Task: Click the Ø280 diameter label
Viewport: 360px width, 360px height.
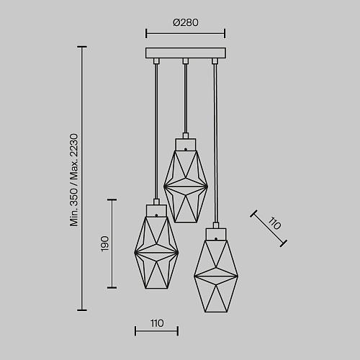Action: pos(186,22)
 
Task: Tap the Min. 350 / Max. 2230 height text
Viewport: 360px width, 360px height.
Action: pos(74,180)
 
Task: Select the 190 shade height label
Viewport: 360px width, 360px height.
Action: pos(105,244)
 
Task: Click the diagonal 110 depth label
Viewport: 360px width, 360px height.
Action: pos(274,223)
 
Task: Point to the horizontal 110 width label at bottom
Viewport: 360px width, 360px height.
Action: pos(157,323)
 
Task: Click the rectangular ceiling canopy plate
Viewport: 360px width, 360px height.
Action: pos(186,53)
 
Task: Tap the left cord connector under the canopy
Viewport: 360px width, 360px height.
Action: pos(156,61)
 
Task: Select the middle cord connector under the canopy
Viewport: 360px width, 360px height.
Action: pos(185,61)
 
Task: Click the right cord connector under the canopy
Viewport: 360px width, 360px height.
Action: pos(215,61)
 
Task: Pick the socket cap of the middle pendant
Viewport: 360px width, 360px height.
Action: pos(186,145)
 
